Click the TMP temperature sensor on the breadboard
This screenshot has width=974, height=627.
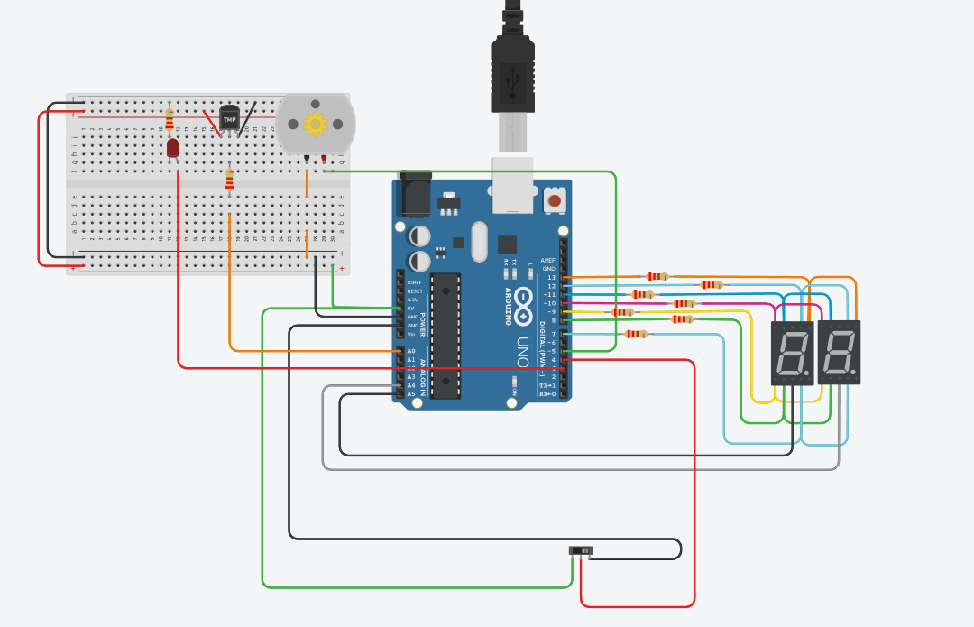tap(230, 118)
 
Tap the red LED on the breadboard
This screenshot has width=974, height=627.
tap(172, 148)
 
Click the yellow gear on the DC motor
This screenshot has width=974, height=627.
tap(315, 124)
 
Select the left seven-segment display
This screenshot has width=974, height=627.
tap(792, 353)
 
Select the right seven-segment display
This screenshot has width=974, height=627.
tap(839, 353)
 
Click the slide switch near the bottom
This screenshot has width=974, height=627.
tap(581, 550)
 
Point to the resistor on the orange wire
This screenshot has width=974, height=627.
tap(657, 276)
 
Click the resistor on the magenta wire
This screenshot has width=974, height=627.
tap(685, 303)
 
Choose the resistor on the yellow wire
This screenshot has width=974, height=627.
tap(623, 312)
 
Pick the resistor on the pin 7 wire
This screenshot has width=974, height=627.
tap(636, 334)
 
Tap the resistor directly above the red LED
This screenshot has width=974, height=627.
tap(170, 117)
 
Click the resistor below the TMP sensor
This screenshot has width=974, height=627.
tap(229, 180)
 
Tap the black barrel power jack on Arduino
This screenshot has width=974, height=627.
tap(415, 194)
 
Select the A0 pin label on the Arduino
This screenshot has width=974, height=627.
tap(411, 351)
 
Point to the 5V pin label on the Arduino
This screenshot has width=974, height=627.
tap(411, 309)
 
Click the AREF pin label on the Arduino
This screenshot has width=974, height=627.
tap(548, 260)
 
